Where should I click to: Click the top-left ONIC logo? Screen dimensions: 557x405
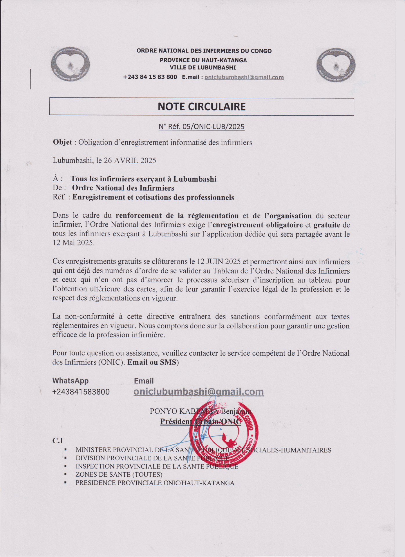click(x=70, y=64)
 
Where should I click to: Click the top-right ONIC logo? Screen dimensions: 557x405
click(x=336, y=65)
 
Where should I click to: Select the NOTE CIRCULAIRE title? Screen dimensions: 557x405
click(x=202, y=107)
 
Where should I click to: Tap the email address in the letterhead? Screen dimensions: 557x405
click(x=244, y=77)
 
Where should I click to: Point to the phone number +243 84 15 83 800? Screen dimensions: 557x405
click(x=150, y=77)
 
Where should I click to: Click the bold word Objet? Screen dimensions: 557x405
click(x=62, y=142)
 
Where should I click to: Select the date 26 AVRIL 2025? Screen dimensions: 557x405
click(x=130, y=160)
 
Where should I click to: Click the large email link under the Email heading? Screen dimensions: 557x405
click(x=198, y=392)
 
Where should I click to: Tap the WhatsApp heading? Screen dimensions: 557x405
click(x=70, y=381)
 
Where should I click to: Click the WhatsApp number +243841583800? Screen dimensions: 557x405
click(x=81, y=392)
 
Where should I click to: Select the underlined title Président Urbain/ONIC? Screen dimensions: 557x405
click(x=200, y=422)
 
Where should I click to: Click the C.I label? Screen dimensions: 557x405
click(x=57, y=441)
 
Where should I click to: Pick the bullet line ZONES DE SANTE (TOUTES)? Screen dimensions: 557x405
click(x=119, y=475)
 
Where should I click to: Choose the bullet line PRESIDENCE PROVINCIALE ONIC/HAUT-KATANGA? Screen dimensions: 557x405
click(x=155, y=483)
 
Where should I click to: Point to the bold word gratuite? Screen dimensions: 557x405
click(x=327, y=225)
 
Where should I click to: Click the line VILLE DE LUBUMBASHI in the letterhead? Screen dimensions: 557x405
click(x=203, y=68)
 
